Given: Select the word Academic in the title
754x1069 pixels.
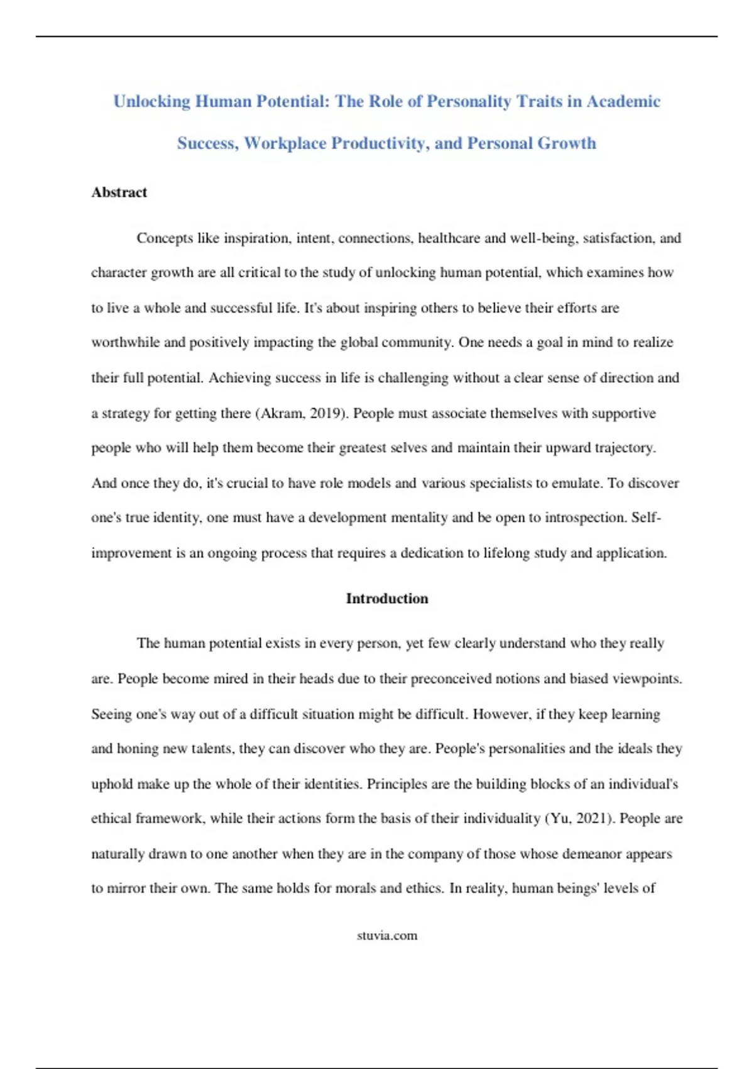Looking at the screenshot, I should point(623,102).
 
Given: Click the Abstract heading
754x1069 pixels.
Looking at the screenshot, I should point(119,192).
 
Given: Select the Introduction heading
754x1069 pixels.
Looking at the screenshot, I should point(387,599).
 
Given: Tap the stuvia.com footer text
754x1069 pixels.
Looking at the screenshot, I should point(387,936).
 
